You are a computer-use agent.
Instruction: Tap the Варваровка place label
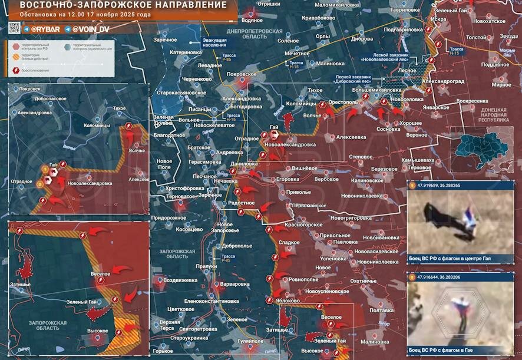point(234,284)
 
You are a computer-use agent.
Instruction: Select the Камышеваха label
point(418,160)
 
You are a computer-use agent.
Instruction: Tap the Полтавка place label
point(382,311)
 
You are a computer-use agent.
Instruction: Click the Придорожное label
point(169,218)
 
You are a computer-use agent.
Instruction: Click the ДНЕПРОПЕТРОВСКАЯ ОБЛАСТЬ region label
point(247,32)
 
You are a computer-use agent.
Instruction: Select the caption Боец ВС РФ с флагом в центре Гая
point(451,258)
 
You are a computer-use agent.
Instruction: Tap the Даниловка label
point(245,164)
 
